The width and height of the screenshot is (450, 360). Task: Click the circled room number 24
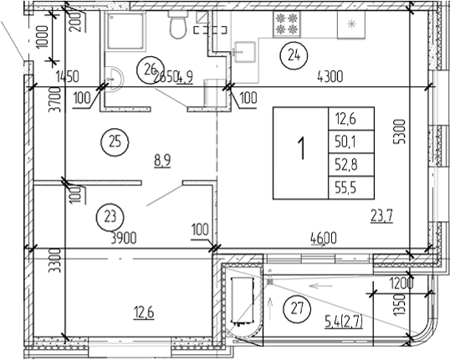click(293, 55)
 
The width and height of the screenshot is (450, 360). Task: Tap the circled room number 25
click(114, 141)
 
